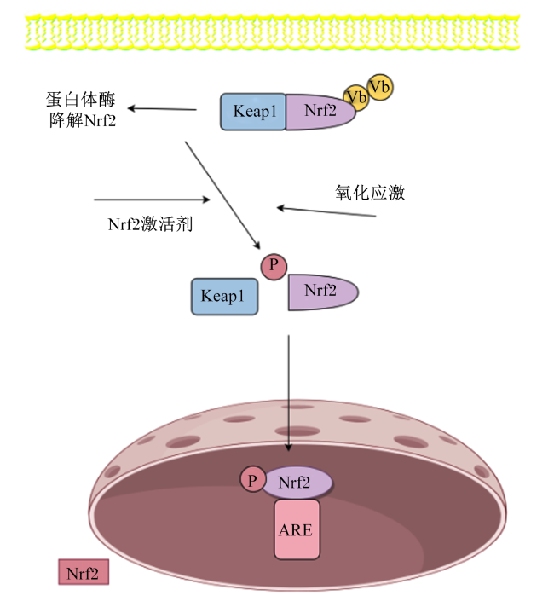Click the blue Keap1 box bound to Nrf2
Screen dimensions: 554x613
coord(253,112)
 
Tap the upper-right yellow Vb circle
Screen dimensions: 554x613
coord(380,87)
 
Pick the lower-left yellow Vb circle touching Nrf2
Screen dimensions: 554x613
coord(356,98)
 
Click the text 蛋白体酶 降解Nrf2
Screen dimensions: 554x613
coord(81,110)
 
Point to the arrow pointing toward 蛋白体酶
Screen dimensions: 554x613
coord(162,108)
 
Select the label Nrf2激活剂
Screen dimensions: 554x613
coord(150,224)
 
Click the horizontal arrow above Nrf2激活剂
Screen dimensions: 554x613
coord(152,200)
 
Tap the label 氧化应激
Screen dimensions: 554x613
coord(370,193)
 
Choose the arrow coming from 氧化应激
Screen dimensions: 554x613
coord(326,211)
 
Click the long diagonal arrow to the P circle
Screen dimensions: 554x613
coord(222,195)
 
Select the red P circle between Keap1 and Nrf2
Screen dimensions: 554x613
coord(274,267)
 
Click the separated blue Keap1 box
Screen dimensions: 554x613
coord(225,297)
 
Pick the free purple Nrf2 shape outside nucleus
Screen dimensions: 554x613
coord(323,292)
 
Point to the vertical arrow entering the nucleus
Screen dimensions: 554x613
coord(289,393)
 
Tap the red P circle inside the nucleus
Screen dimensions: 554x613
coord(253,478)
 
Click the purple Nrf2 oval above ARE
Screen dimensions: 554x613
coord(297,483)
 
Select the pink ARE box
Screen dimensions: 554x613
coord(297,529)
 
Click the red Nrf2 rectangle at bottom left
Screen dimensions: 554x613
coord(84,572)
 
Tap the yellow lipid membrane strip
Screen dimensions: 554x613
coord(273,32)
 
